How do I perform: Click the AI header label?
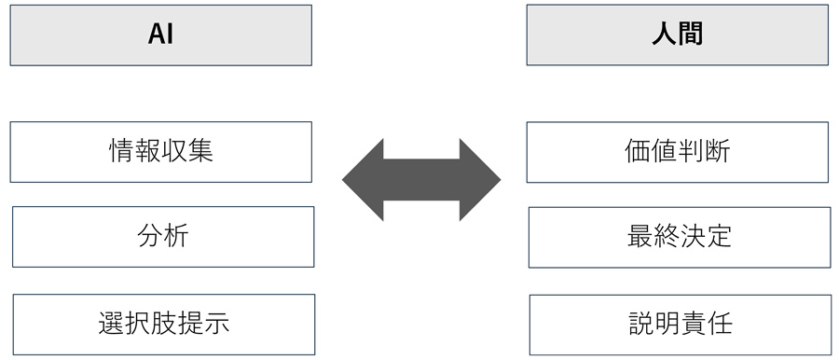(161, 35)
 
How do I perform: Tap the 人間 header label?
(677, 35)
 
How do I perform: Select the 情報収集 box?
(161, 151)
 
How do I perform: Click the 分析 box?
(163, 236)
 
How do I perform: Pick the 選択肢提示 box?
(163, 324)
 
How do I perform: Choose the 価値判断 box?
(677, 151)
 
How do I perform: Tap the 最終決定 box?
(680, 236)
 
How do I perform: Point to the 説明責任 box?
(680, 324)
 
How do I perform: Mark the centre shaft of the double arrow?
(421, 178)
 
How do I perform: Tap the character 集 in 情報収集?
(200, 151)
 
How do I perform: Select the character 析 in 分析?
(176, 236)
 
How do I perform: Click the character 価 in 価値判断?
(638, 151)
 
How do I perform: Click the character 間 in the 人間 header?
(690, 35)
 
